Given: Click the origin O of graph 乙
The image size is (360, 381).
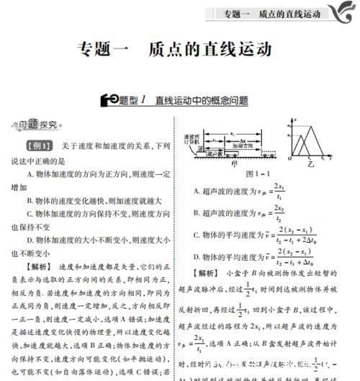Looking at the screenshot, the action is pos(290,158).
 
